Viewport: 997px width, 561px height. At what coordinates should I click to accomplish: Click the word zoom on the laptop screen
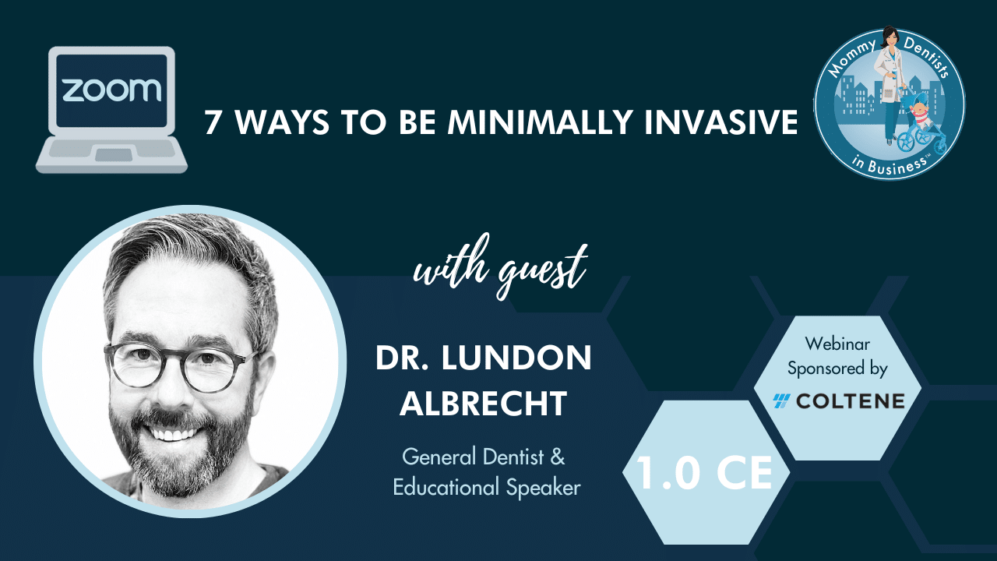(111, 90)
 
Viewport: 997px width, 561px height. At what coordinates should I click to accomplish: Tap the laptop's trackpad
(114, 155)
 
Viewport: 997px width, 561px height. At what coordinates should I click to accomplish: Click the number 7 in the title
(213, 122)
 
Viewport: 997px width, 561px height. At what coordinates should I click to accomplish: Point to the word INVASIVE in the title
(721, 122)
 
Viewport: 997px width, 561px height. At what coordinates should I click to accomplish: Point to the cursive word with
(451, 263)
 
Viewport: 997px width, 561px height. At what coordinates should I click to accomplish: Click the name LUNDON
(516, 358)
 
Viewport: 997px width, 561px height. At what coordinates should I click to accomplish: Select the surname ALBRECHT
(484, 403)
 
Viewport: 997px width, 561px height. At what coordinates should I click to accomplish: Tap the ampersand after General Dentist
(558, 457)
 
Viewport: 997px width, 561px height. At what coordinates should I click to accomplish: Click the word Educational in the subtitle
(446, 487)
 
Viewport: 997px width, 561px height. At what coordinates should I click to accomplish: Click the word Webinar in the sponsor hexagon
(837, 344)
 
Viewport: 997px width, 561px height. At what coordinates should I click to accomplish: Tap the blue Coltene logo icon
(782, 401)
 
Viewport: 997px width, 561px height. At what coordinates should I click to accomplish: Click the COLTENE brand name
(850, 401)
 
